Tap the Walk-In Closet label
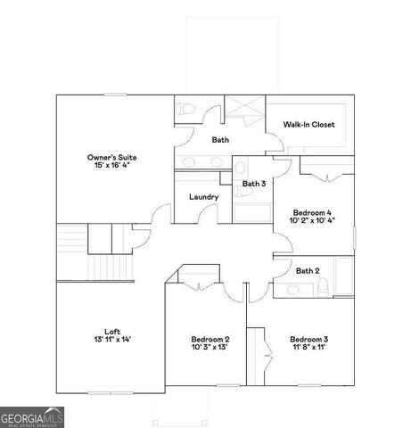[x=308, y=124]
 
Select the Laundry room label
[x=204, y=197]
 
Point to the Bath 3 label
[x=254, y=184]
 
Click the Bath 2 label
[x=308, y=271]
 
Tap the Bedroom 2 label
[x=210, y=339]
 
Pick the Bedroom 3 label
[x=308, y=339]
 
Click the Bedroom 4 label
[x=312, y=212]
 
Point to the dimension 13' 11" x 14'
[x=111, y=340]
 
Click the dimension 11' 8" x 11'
[x=308, y=349]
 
